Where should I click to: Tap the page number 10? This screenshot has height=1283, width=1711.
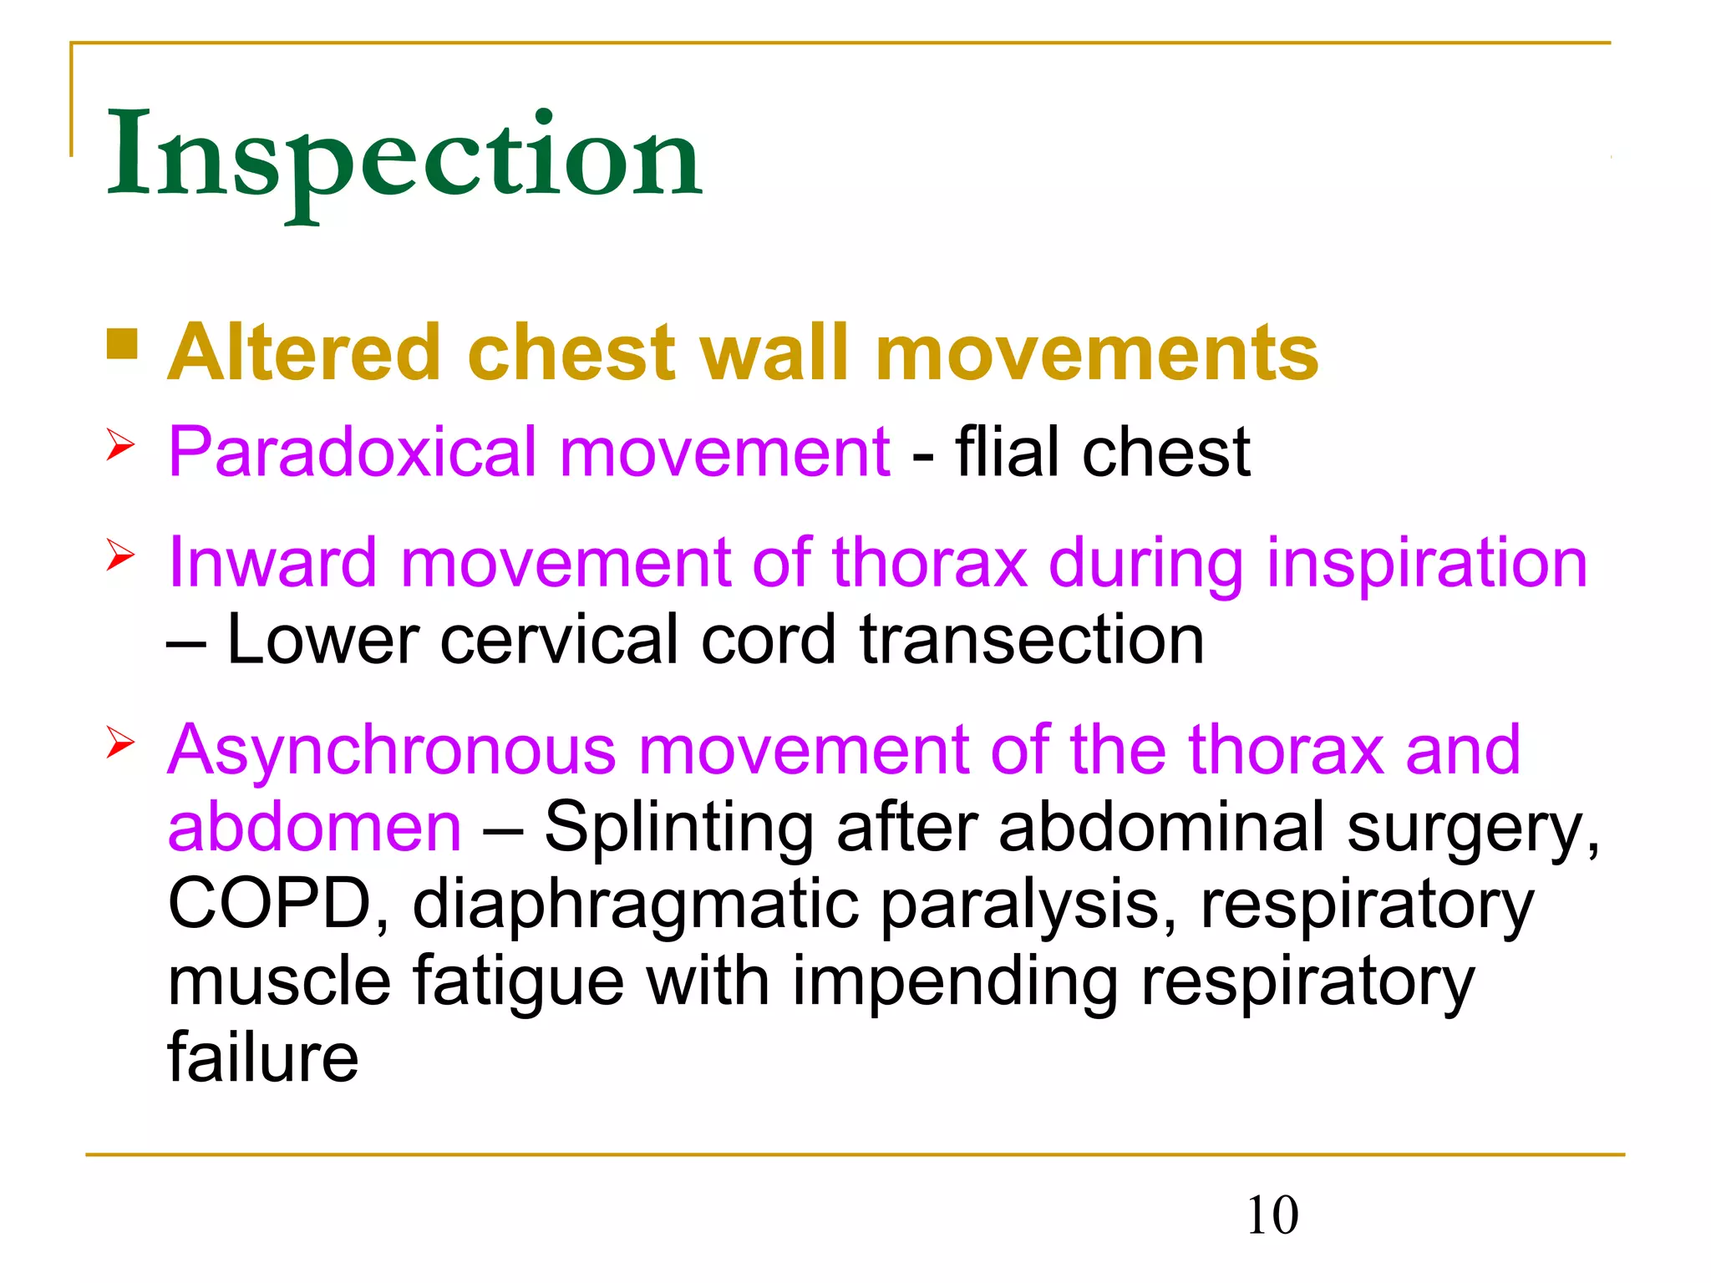pos(1272,1215)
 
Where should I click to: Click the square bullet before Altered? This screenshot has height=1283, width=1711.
pos(122,344)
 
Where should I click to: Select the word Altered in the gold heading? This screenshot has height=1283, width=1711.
pos(304,352)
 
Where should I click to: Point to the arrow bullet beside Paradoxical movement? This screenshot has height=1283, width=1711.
pos(120,445)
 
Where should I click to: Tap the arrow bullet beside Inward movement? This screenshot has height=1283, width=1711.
pos(120,555)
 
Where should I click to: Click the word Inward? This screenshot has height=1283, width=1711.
pos(273,563)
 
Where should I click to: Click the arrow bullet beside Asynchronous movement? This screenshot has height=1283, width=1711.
pos(120,743)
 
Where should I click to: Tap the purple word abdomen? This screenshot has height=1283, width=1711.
pos(314,827)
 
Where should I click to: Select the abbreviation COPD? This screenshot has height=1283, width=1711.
pos(270,905)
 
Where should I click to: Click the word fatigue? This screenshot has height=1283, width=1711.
pos(518,982)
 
